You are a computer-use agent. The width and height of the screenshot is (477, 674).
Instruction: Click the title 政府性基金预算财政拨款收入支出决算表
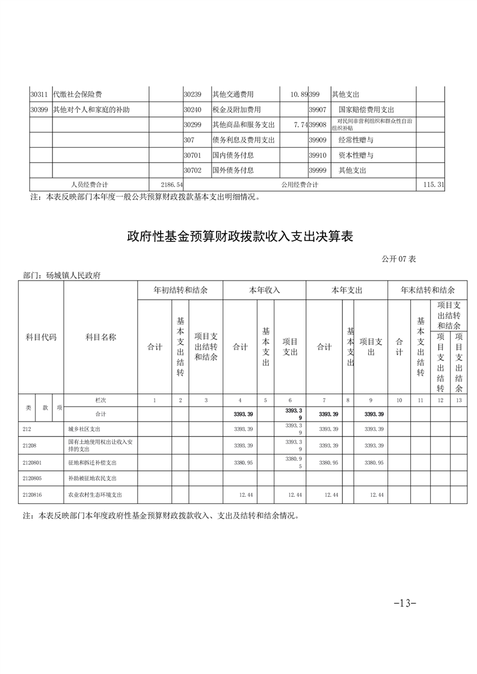tap(239, 236)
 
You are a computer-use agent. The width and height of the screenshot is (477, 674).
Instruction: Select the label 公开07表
tap(398, 260)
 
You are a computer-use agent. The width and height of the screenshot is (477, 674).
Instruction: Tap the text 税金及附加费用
tap(236, 110)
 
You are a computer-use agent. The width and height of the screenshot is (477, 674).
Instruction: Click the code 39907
tap(317, 110)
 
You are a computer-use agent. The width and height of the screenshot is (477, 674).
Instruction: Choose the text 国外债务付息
tap(233, 170)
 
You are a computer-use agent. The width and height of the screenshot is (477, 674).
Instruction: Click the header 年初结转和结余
tap(180, 290)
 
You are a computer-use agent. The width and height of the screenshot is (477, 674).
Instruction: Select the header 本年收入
tap(265, 290)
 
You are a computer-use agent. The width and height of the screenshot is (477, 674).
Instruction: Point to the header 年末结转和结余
tap(428, 290)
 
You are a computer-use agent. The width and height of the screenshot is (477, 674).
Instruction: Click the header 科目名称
tap(101, 337)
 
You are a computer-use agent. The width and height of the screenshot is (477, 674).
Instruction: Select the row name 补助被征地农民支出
tap(92, 478)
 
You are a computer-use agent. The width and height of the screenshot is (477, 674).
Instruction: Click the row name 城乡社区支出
tap(84, 430)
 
